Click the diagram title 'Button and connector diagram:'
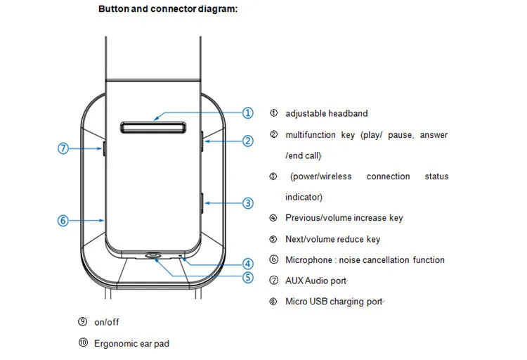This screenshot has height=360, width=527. [168, 9]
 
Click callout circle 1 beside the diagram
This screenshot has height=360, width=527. [247, 113]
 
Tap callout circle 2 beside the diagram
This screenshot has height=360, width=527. [247, 141]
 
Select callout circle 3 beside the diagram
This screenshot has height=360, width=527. [247, 203]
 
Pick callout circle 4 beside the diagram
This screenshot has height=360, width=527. [247, 264]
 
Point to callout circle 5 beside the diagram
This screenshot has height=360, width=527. [247, 278]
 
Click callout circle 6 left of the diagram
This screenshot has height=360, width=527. [63, 220]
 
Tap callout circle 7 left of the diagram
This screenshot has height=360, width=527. [63, 148]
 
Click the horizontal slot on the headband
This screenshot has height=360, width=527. [152, 127]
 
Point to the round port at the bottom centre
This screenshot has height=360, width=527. [153, 256]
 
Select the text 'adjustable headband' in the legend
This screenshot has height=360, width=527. [326, 113]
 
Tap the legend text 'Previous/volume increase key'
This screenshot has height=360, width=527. [344, 218]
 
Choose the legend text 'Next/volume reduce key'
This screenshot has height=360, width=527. [332, 239]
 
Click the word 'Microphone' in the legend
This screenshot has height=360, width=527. [308, 260]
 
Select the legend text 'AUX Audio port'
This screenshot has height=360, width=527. [315, 281]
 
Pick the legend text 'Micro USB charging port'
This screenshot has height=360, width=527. [334, 302]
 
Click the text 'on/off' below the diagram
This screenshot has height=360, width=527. [107, 322]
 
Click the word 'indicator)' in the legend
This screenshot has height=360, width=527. [304, 197]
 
